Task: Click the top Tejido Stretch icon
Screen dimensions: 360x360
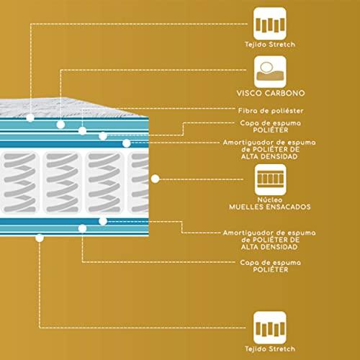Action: (x=270, y=24)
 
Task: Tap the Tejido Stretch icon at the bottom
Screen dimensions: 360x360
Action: (x=270, y=328)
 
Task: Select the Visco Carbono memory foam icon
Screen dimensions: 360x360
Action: (x=270, y=72)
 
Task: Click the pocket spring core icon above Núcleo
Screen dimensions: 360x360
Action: (x=271, y=179)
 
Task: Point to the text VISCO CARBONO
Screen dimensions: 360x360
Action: (x=271, y=93)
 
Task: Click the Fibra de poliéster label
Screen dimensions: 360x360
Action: (x=271, y=111)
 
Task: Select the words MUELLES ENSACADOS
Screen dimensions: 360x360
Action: (x=270, y=207)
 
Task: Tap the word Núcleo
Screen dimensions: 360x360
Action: (x=270, y=199)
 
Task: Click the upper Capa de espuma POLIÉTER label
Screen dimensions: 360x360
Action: (x=271, y=127)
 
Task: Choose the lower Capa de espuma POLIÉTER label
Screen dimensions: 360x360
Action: (x=271, y=266)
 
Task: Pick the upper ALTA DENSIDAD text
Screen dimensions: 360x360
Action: (x=269, y=156)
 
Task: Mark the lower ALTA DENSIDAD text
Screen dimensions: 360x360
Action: (x=269, y=247)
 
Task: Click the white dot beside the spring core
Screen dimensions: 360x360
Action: (x=156, y=179)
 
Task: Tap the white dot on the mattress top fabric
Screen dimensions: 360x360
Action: (x=30, y=117)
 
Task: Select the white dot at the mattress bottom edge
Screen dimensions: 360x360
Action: (x=40, y=238)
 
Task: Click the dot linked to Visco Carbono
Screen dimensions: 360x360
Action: (x=60, y=125)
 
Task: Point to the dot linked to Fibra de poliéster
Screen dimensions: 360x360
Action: (x=82, y=131)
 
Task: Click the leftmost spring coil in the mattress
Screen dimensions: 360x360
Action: (x=19, y=182)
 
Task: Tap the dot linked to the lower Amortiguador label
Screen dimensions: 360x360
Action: (x=103, y=221)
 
